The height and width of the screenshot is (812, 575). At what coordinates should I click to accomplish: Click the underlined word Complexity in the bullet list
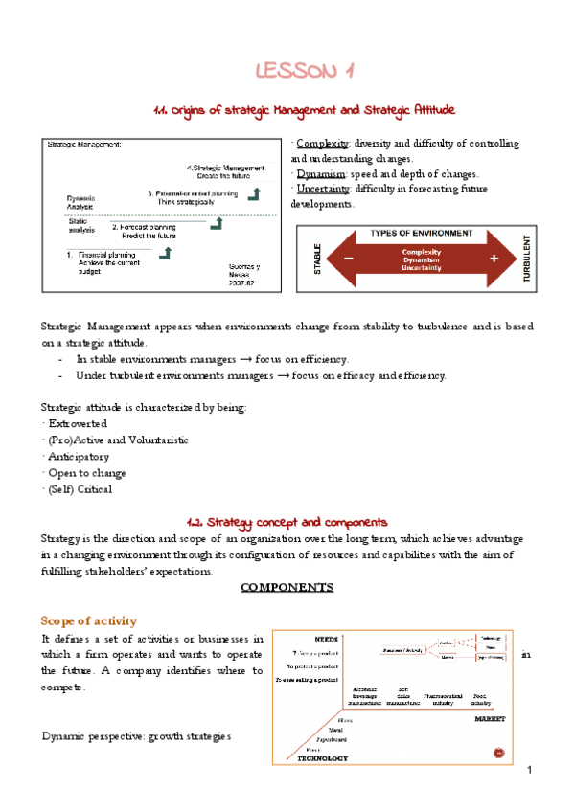pyautogui.click(x=321, y=144)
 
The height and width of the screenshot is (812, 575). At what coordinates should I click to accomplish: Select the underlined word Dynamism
pyautogui.click(x=320, y=174)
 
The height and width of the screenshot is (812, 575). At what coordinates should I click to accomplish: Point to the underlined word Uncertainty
pyautogui.click(x=324, y=190)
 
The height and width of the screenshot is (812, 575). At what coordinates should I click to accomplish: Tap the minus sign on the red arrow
pyautogui.click(x=347, y=259)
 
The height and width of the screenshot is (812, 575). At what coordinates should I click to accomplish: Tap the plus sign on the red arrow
pyautogui.click(x=494, y=259)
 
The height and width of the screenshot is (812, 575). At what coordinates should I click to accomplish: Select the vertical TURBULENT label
pyautogui.click(x=526, y=259)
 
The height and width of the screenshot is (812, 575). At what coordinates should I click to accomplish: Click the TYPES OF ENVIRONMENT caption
pyautogui.click(x=421, y=233)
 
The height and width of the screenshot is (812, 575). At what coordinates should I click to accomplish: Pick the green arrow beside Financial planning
pyautogui.click(x=166, y=254)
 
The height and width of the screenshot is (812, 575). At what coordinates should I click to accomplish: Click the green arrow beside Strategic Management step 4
pyautogui.click(x=254, y=194)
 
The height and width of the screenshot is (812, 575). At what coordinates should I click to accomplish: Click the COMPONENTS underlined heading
pyautogui.click(x=287, y=587)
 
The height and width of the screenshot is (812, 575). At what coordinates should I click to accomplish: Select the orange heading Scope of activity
pyautogui.click(x=89, y=620)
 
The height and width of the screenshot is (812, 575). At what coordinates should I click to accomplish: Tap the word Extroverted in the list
pyautogui.click(x=76, y=423)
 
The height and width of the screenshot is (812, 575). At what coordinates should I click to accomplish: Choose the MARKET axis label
pyautogui.click(x=489, y=717)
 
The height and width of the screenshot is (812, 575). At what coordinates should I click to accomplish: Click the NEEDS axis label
pyautogui.click(x=326, y=638)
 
